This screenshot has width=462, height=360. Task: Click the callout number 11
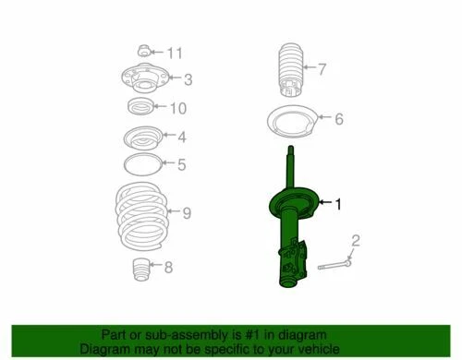pos(176,52)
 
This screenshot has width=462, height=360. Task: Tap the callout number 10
pos(178,109)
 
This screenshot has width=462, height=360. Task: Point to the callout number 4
pos(182,138)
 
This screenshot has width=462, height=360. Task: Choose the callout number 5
pos(182,166)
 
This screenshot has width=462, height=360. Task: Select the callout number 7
pos(322,67)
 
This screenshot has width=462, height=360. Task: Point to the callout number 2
pos(356,241)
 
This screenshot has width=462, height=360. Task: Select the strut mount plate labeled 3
pos(142,78)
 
